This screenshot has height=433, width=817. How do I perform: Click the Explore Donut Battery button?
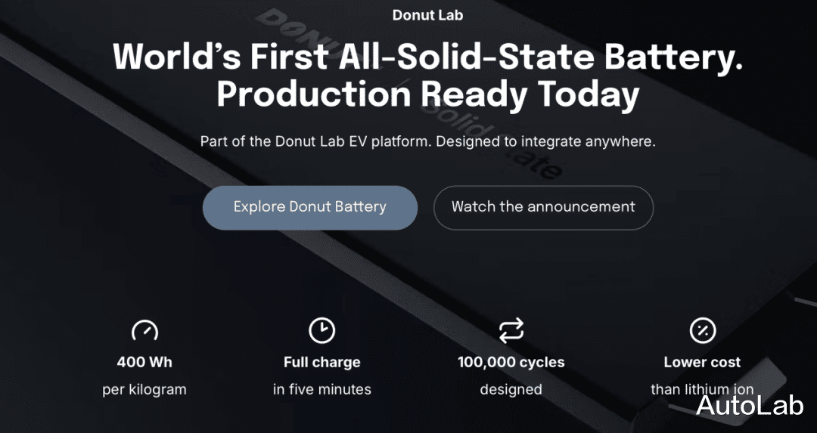tap(310, 208)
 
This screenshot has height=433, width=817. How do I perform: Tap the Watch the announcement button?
tap(543, 208)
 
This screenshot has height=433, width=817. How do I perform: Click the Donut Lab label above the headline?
tap(427, 15)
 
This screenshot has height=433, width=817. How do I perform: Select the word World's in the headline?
tap(177, 55)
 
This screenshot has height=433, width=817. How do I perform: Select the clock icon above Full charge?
tap(322, 330)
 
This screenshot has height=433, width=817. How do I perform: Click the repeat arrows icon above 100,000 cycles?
tap(511, 331)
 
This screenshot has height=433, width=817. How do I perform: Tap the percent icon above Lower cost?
tap(703, 330)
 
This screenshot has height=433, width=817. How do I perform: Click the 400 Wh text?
tap(144, 362)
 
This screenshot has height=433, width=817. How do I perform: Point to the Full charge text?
tap(322, 363)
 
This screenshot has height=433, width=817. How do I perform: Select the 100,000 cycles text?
tap(511, 363)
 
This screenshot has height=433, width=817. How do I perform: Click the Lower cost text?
tap(702, 362)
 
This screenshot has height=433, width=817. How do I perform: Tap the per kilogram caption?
tap(144, 390)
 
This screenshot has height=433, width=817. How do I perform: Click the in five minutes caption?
tap(322, 389)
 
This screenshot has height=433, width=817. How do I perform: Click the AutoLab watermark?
tap(750, 405)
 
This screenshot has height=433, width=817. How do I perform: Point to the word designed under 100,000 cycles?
tap(511, 390)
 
